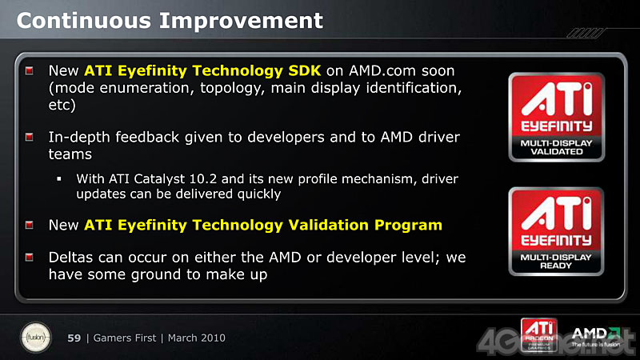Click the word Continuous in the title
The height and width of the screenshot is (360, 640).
(x=84, y=21)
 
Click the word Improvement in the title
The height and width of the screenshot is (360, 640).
(x=241, y=21)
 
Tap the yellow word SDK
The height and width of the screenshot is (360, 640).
(x=305, y=70)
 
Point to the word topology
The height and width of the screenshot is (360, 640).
(x=232, y=89)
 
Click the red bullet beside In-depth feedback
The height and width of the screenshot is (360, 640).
(x=30, y=137)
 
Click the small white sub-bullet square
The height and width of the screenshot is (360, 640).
(x=59, y=178)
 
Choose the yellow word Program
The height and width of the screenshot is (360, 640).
(x=408, y=226)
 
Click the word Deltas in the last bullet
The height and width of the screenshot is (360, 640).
(x=71, y=258)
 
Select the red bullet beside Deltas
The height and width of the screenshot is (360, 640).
(x=30, y=258)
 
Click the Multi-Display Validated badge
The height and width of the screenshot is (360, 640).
(x=557, y=117)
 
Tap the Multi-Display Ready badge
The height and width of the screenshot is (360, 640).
(x=556, y=231)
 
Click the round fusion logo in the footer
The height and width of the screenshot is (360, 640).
(x=36, y=338)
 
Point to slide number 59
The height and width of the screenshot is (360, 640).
(x=74, y=338)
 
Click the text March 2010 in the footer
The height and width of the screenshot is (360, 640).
(x=196, y=338)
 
